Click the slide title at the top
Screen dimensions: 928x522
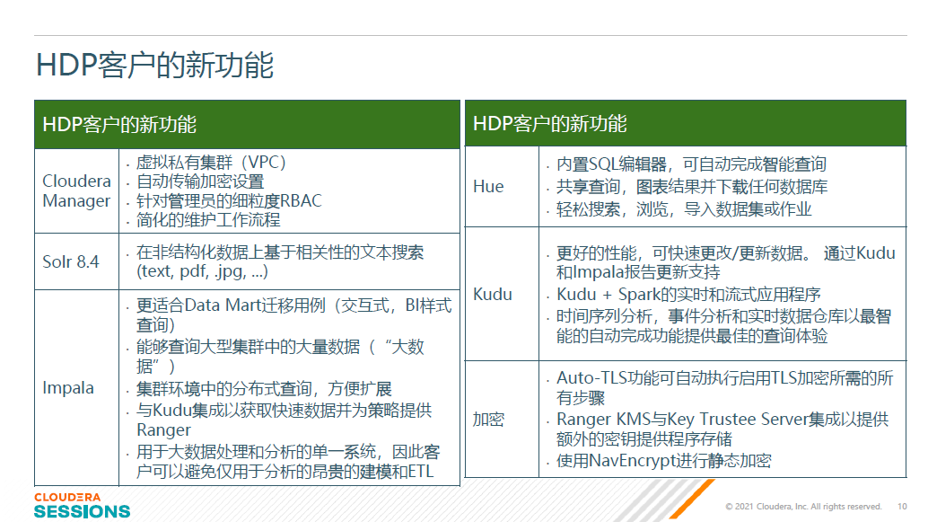tap(154, 65)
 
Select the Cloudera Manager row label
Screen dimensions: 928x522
tap(77, 190)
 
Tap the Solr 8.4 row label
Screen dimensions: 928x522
tap(70, 261)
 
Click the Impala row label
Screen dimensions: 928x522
tap(68, 387)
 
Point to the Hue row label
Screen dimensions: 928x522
tap(488, 187)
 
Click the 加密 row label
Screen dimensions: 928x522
tap(488, 419)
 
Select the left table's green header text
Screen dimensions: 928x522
tap(119, 124)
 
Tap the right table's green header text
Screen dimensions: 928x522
tap(550, 123)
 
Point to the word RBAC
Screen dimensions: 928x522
tap(301, 201)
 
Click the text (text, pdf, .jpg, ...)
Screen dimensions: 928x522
tap(203, 271)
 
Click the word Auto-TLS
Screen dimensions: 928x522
tap(591, 377)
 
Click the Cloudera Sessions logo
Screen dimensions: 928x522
tap(82, 506)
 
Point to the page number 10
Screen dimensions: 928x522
tap(902, 507)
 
